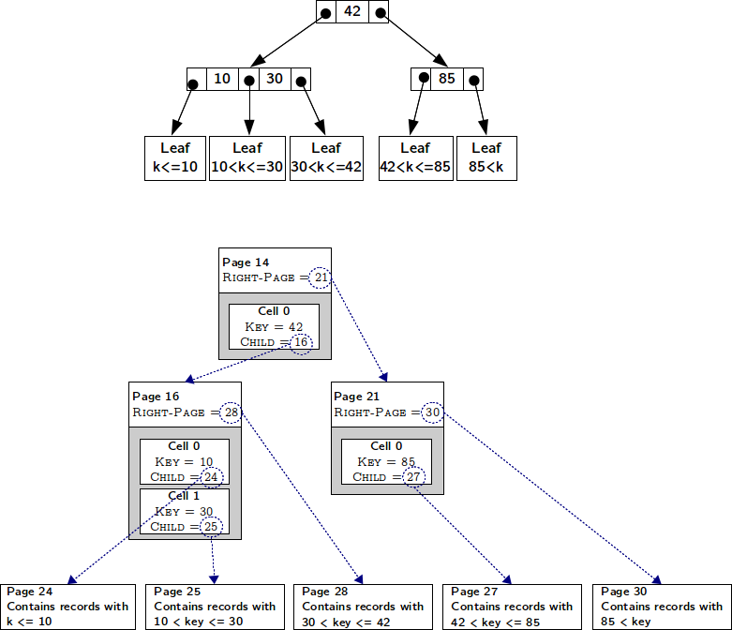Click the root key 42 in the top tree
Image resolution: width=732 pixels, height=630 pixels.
(x=352, y=10)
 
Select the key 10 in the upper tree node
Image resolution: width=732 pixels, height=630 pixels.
(x=222, y=79)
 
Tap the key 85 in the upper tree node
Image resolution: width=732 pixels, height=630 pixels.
(x=447, y=79)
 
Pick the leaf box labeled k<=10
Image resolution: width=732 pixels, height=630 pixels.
(x=175, y=158)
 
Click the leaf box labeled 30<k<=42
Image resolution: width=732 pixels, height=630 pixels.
(x=326, y=158)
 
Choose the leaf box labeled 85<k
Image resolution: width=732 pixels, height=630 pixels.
(x=486, y=158)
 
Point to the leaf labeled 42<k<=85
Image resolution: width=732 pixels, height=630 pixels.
(x=416, y=158)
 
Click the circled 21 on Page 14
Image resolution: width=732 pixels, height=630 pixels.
(x=321, y=277)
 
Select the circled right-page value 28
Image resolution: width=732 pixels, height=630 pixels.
(x=232, y=412)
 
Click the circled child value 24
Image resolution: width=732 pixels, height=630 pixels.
(x=212, y=477)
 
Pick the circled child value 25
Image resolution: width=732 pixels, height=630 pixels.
(x=211, y=527)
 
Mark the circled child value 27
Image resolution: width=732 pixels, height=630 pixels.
(x=413, y=477)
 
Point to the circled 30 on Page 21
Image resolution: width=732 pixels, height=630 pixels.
(x=432, y=412)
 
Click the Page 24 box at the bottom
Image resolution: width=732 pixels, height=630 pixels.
(x=67, y=607)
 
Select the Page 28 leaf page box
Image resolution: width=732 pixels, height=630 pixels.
(x=363, y=607)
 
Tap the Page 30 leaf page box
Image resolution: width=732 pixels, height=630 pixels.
(x=662, y=607)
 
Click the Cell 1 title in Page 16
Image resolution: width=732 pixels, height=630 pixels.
(x=184, y=496)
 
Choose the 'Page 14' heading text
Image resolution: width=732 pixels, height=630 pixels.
(x=246, y=262)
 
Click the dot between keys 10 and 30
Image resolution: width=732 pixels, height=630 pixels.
(x=249, y=81)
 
